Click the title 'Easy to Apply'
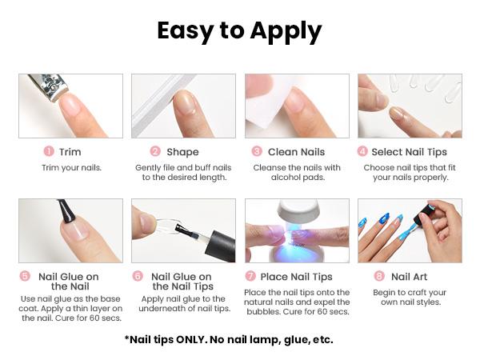(x=239, y=31)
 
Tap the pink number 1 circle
(x=49, y=151)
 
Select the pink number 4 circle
(x=362, y=151)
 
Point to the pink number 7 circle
(x=250, y=277)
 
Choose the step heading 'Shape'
(x=182, y=151)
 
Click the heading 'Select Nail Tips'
(x=414, y=151)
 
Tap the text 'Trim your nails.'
(x=70, y=168)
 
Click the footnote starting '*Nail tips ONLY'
(x=229, y=339)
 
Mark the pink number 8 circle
(x=379, y=277)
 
